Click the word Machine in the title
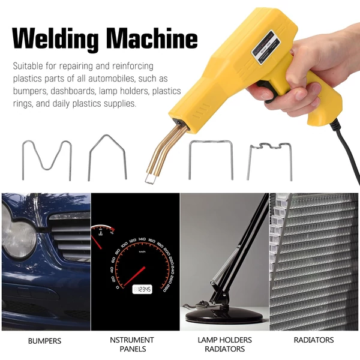click(x=152, y=38)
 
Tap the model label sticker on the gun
click(x=266, y=47)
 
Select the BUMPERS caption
click(x=45, y=341)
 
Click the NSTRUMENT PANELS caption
click(x=132, y=344)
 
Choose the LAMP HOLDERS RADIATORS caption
click(x=225, y=344)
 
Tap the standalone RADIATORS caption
click(x=314, y=340)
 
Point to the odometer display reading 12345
click(x=142, y=289)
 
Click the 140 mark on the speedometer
click(x=142, y=239)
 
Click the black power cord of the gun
click(x=344, y=149)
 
